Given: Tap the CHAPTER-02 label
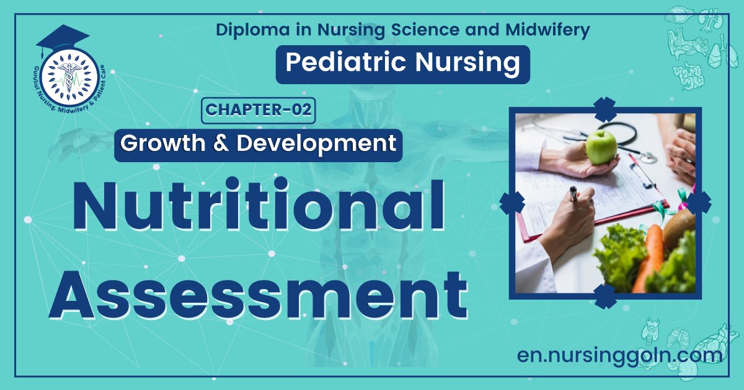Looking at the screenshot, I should click(x=259, y=110).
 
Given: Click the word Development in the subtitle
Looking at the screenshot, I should click(x=316, y=144).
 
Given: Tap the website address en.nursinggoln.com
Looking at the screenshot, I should click(x=619, y=355).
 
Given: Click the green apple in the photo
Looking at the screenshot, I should click(x=601, y=147).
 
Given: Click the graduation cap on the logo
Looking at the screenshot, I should click(x=62, y=38).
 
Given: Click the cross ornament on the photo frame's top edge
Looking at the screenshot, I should click(x=604, y=109).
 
